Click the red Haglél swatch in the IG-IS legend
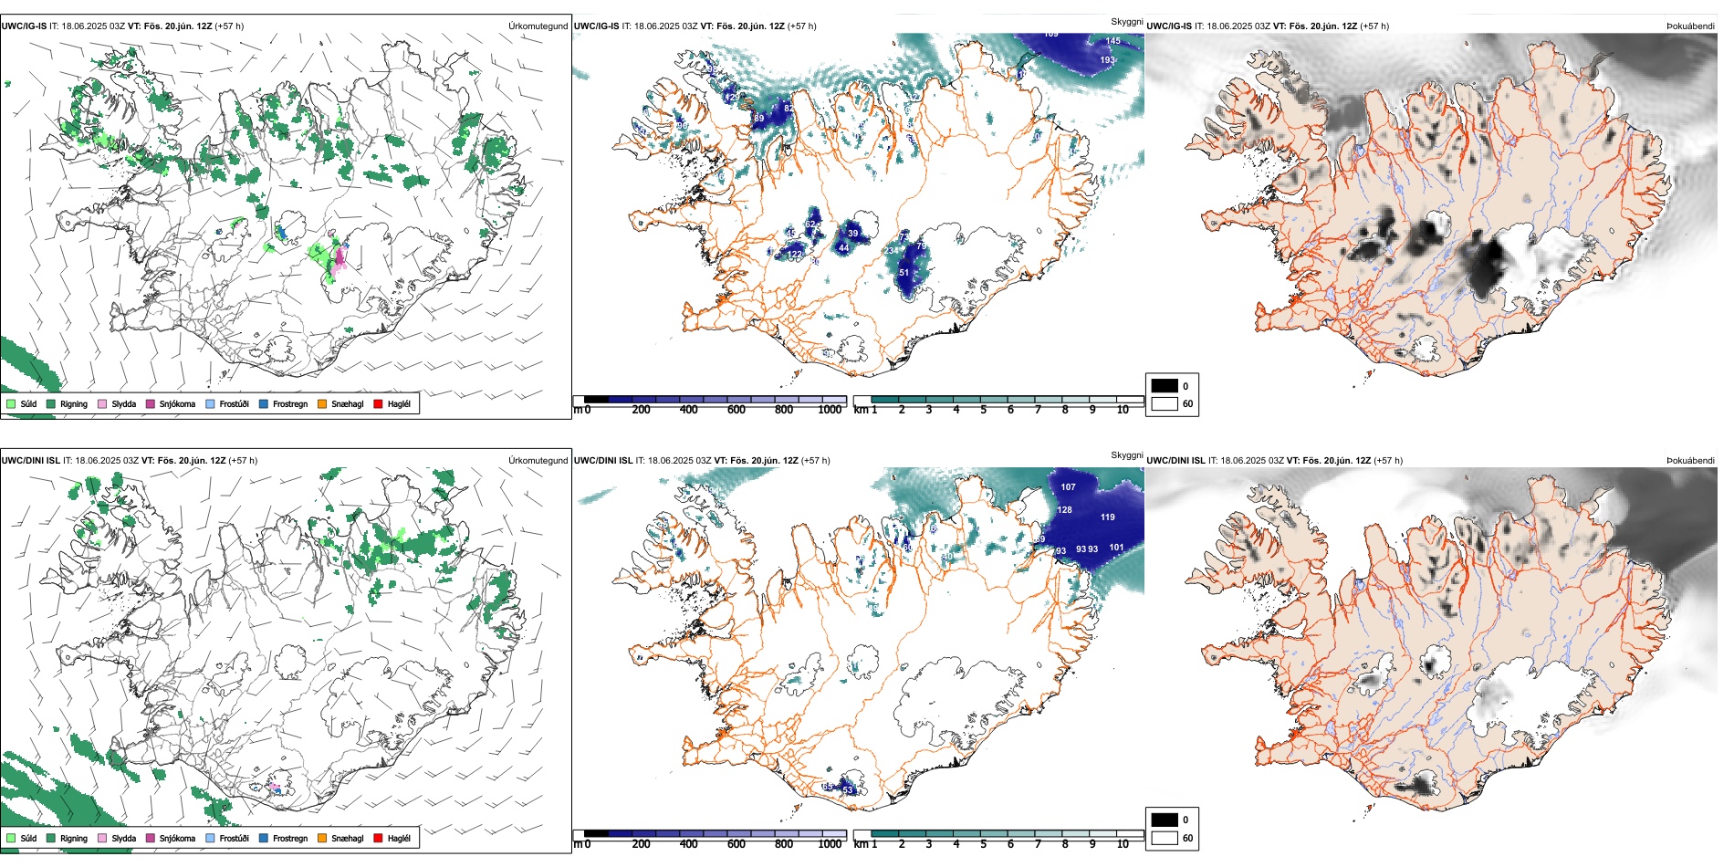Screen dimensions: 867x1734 click(x=378, y=403)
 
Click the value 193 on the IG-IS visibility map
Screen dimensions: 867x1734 click(x=1107, y=60)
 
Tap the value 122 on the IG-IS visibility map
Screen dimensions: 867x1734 click(x=794, y=255)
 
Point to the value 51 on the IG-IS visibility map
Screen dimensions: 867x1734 click(x=904, y=273)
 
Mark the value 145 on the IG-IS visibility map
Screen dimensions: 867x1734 click(x=1112, y=41)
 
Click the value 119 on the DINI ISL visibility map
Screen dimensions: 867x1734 click(x=1107, y=517)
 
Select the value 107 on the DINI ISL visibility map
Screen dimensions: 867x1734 click(x=1068, y=487)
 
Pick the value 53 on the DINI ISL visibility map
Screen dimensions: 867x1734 click(x=847, y=790)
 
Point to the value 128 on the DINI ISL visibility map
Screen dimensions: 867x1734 click(x=1064, y=510)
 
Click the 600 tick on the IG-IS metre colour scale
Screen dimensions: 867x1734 click(x=736, y=410)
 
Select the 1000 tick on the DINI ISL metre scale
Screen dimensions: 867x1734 click(x=830, y=844)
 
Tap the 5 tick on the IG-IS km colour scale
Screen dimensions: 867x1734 click(x=983, y=410)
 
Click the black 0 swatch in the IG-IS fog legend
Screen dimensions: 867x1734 click(x=1165, y=386)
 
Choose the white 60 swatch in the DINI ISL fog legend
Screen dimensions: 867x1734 click(x=1165, y=838)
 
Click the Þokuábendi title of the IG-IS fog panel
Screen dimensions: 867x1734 click(x=1690, y=26)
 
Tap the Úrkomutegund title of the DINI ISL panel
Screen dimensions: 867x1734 click(x=538, y=461)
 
